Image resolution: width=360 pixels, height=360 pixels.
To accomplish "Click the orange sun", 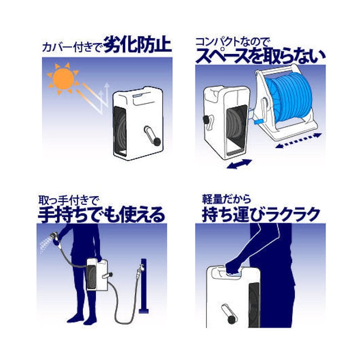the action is tap(63, 79).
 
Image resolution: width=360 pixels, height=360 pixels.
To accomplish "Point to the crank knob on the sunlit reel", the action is tap(157, 141).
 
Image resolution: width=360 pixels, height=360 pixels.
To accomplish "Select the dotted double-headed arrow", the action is tap(298, 140).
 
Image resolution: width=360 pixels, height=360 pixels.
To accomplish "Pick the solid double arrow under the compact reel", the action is tap(239, 164).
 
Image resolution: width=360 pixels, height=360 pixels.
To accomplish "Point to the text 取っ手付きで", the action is tap(68, 200).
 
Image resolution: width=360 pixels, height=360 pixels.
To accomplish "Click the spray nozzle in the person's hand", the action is tap(55, 238).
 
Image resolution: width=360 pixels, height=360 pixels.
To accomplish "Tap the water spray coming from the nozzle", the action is tap(45, 244).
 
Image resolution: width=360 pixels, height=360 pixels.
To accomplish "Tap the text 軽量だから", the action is tap(226, 199).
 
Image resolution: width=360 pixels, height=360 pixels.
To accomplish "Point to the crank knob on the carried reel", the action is tap(231, 319).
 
